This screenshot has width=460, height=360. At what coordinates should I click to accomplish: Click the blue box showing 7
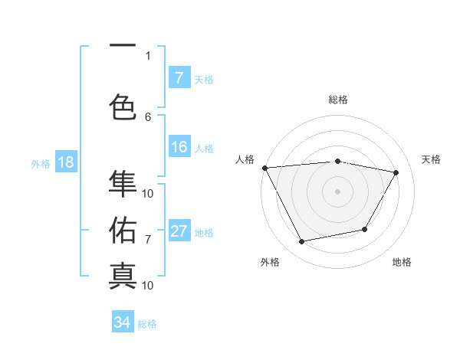(x=179, y=78)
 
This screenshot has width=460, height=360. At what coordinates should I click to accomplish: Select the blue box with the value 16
(x=179, y=148)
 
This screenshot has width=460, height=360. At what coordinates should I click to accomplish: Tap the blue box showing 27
(x=179, y=232)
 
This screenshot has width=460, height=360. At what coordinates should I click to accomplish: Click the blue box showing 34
(x=123, y=322)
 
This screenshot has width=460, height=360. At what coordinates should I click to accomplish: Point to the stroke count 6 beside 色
(x=148, y=116)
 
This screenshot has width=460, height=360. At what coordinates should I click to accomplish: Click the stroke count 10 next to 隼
(x=148, y=193)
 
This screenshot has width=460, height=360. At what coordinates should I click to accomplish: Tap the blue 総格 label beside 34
(x=147, y=324)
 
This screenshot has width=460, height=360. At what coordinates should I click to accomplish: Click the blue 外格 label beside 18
(x=40, y=164)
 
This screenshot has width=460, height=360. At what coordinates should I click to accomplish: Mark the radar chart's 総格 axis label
(x=337, y=100)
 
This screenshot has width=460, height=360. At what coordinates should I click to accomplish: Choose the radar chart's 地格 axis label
(x=402, y=262)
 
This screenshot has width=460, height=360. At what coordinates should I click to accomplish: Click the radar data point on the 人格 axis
(x=264, y=168)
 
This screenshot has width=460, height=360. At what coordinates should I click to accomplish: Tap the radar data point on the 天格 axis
(x=396, y=172)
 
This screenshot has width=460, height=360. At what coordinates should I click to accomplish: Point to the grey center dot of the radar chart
(x=337, y=191)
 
